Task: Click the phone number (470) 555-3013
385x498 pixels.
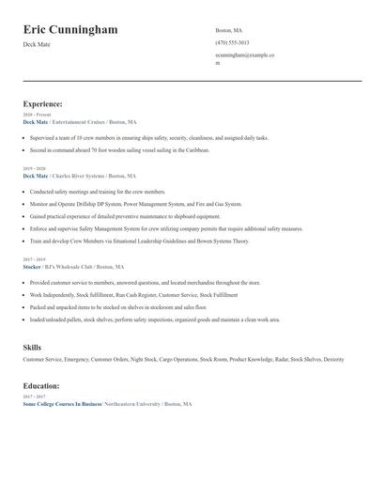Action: (x=232, y=42)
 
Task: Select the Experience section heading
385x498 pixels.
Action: (x=43, y=104)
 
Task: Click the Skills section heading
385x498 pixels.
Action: (x=32, y=348)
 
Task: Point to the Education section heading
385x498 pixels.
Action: (x=41, y=386)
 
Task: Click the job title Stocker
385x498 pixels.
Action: (x=32, y=267)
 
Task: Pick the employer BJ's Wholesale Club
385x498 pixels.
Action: (x=73, y=267)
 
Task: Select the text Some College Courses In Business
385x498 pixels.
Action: (x=62, y=403)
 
